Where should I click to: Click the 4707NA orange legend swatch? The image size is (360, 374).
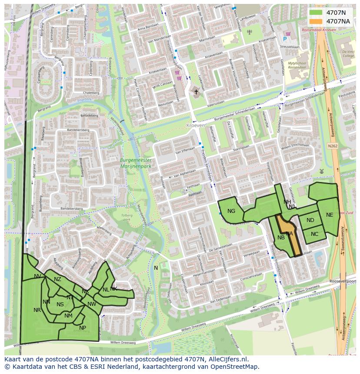(x=316, y=21)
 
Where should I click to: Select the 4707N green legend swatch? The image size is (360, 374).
(x=316, y=13)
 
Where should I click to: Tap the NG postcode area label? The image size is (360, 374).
(x=231, y=211)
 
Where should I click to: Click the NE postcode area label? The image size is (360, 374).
(x=330, y=215)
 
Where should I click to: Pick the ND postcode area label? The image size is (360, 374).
(x=310, y=220)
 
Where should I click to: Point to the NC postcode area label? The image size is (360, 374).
(x=314, y=234)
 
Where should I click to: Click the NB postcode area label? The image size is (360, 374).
(x=281, y=237)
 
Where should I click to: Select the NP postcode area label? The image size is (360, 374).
(x=83, y=328)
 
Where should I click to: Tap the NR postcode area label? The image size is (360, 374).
(x=37, y=310)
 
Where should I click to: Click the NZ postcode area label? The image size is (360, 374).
(x=57, y=279)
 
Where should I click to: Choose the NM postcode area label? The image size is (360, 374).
(x=68, y=316)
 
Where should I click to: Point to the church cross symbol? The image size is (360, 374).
(x=196, y=92)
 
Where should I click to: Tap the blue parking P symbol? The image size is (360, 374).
(x=285, y=39)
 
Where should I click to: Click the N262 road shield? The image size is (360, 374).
(x=333, y=146)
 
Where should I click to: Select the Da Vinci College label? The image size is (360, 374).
(x=348, y=53)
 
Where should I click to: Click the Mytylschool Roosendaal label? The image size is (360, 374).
(x=297, y=65)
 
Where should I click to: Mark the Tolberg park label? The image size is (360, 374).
(x=126, y=217)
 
